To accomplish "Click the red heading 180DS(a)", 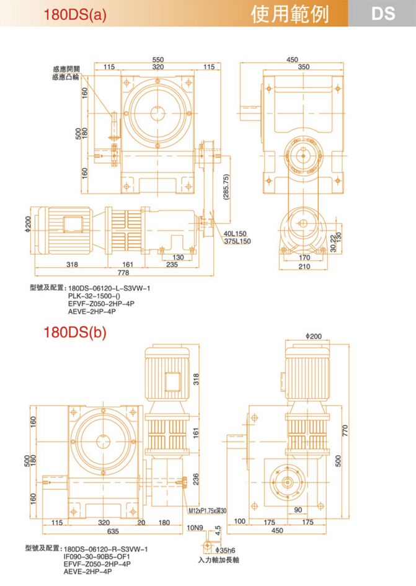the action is [75, 14].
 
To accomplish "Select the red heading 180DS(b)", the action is [75, 332].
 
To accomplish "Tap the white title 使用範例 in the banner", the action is [290, 14].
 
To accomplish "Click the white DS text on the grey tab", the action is [383, 14].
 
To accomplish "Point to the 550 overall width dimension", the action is [158, 60].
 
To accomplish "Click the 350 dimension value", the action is [304, 66].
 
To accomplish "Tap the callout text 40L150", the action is [235, 234].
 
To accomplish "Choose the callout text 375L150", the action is [237, 241].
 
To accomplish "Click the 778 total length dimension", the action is [123, 273].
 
